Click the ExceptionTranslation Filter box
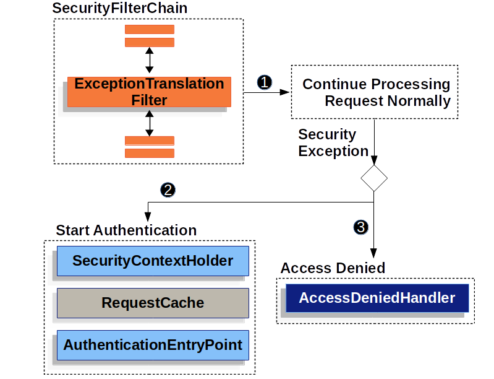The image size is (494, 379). pyautogui.click(x=149, y=92)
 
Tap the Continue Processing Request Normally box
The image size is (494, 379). pyautogui.click(x=375, y=92)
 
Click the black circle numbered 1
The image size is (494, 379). pyautogui.click(x=265, y=82)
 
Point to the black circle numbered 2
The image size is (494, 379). pyautogui.click(x=167, y=190)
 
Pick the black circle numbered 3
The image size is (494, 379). pyautogui.click(x=362, y=227)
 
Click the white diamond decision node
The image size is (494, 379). pyautogui.click(x=374, y=178)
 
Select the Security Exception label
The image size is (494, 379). pyautogui.click(x=333, y=143)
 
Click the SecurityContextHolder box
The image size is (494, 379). pyautogui.click(x=153, y=261)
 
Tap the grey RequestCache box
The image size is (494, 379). pyautogui.click(x=153, y=303)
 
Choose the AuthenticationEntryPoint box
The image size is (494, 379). pyautogui.click(x=153, y=345)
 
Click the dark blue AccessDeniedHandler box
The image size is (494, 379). pyautogui.click(x=377, y=298)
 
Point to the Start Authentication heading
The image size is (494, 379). pyautogui.click(x=126, y=230)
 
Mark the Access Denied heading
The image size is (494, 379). pyautogui.click(x=333, y=268)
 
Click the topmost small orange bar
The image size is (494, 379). pyautogui.click(x=149, y=29)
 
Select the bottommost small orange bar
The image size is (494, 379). pyautogui.click(x=149, y=153)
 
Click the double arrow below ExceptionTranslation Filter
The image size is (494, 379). pyautogui.click(x=149, y=123)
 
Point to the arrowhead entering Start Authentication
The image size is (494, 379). pyautogui.click(x=147, y=216)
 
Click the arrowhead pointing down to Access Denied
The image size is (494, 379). pyautogui.click(x=374, y=253)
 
